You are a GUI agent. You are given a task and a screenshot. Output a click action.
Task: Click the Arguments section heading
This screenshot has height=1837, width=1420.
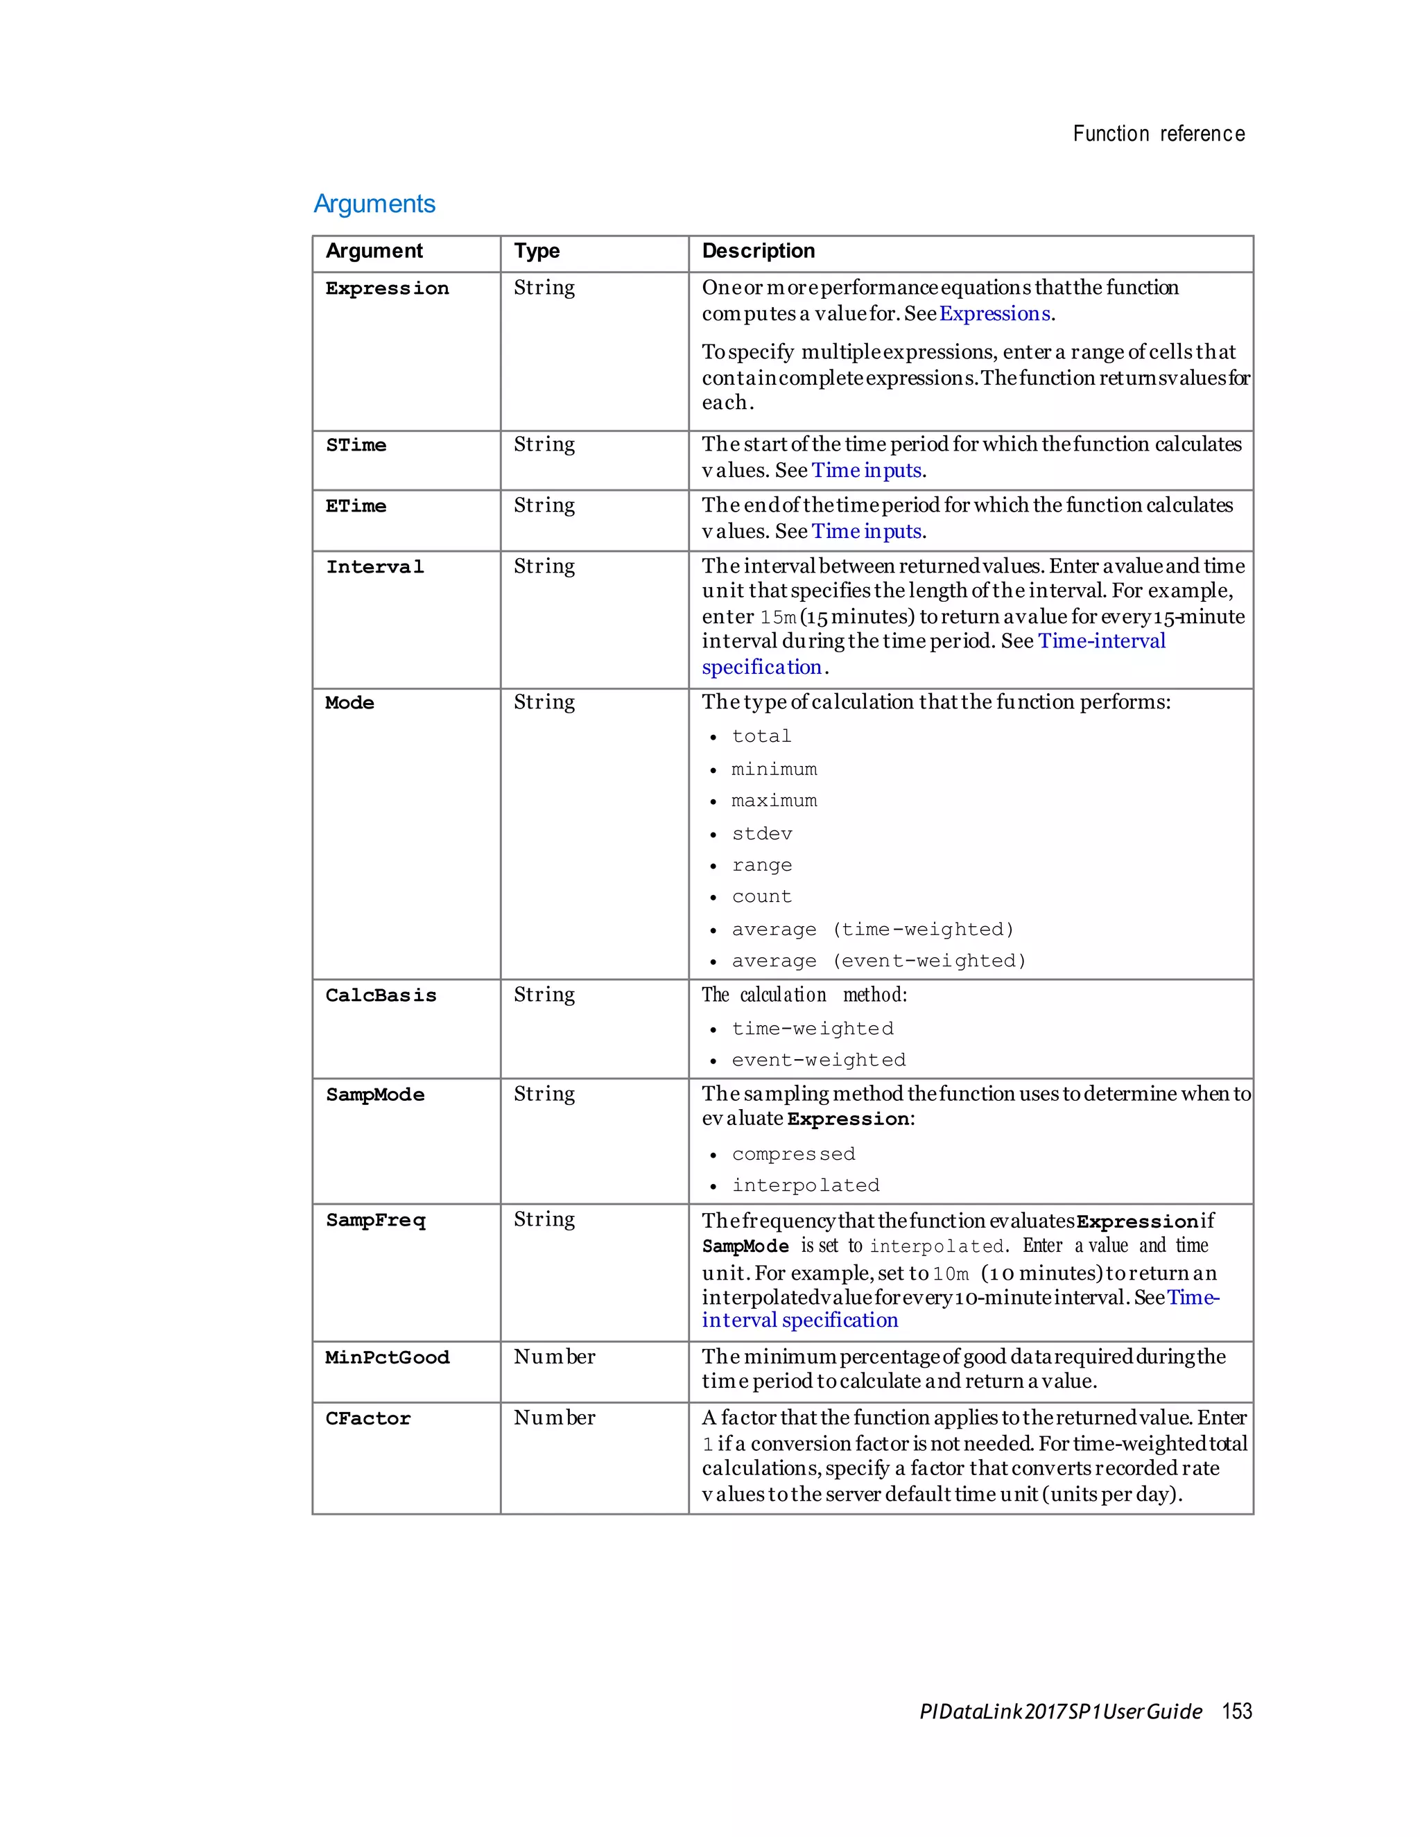pos(374,204)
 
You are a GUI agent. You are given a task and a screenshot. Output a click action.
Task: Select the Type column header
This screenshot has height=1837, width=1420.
pos(537,251)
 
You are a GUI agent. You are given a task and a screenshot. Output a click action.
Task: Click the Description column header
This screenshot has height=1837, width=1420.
pos(758,251)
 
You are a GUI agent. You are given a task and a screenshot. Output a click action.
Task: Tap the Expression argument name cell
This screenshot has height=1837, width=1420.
pos(387,288)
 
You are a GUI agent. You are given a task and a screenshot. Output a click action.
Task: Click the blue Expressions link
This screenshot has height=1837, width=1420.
pos(994,314)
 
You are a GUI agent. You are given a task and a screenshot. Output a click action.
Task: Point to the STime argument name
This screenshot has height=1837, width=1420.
pos(356,445)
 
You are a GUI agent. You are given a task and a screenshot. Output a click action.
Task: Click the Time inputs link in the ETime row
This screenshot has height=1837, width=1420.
pos(867,532)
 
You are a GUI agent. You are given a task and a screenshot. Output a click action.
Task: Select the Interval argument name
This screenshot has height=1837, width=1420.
pos(374,567)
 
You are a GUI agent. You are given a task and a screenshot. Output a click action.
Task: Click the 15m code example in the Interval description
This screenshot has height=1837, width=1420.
pos(777,618)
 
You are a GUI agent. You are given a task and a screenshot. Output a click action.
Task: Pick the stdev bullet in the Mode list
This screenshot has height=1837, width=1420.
pos(761,833)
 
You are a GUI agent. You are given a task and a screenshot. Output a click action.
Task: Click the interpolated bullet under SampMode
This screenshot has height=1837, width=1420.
pos(805,1185)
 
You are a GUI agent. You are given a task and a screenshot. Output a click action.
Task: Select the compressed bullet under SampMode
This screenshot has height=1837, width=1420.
pos(793,1154)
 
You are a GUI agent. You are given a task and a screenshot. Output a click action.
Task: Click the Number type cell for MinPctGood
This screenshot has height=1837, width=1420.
pos(555,1357)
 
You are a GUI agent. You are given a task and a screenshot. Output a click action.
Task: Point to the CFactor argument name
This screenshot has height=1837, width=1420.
pos(367,1419)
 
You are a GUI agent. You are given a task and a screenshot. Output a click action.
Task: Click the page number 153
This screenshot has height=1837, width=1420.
pos(1237,1712)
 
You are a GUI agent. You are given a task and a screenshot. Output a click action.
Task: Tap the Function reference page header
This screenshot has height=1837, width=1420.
pos(1159,134)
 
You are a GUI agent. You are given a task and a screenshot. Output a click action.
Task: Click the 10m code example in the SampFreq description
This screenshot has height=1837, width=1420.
pos(951,1274)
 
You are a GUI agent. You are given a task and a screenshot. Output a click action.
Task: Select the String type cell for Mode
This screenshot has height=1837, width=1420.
pos(544,702)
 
